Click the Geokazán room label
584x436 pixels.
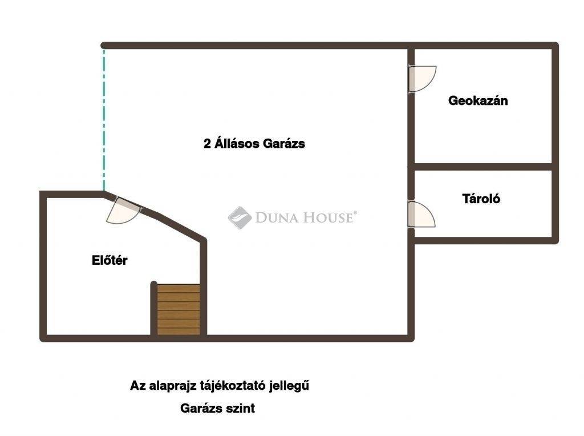[478, 100]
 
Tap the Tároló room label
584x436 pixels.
[481, 199]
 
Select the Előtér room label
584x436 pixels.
[109, 260]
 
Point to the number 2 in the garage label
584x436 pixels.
[207, 144]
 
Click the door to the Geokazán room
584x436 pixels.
[422, 79]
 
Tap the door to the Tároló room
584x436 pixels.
[421, 214]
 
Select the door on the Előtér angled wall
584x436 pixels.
[123, 211]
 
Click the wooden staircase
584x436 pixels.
[179, 310]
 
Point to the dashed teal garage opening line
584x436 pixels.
[104, 120]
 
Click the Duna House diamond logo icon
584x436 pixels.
[240, 217]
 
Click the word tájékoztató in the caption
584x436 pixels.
[230, 386]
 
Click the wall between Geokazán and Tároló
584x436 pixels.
[483, 167]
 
